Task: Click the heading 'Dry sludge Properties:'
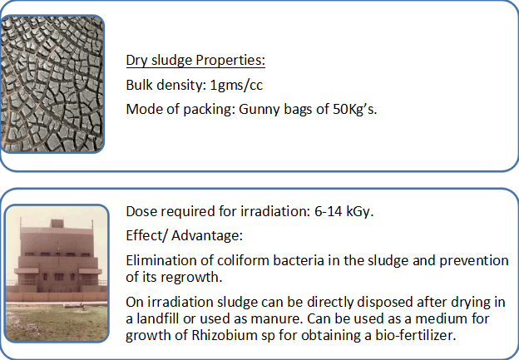point(195,61)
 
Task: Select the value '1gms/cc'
point(236,85)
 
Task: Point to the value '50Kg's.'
point(354,109)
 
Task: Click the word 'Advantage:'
point(207,236)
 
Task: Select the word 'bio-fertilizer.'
point(415,335)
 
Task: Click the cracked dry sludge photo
point(52,84)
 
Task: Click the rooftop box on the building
point(57,224)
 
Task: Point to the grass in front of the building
point(57,322)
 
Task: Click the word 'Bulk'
point(140,85)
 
